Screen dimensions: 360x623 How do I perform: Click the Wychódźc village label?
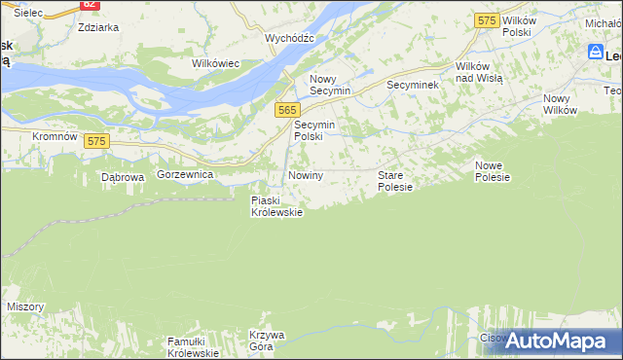click(289, 38)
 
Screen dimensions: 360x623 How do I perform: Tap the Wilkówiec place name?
click(215, 63)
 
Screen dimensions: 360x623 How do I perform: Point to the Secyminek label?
click(413, 86)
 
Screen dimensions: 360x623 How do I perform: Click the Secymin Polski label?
click(314, 131)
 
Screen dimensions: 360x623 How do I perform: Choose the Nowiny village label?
click(305, 175)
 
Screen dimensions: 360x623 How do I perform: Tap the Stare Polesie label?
click(395, 181)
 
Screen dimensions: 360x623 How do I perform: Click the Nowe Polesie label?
click(493, 171)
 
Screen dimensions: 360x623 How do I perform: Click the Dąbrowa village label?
click(123, 178)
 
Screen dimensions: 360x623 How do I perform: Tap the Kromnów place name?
click(55, 137)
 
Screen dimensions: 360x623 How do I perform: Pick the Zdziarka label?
click(98, 27)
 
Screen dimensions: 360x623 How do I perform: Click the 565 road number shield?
click(286, 111)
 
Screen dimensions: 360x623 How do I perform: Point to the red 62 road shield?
click(90, 4)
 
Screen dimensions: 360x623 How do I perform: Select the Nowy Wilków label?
click(561, 104)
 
